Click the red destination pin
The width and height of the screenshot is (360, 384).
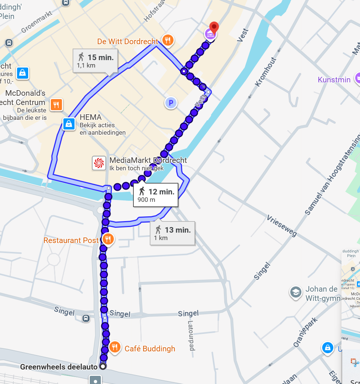point(214,27)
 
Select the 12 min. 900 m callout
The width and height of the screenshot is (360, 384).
point(156,195)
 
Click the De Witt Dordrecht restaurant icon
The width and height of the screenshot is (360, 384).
point(168,40)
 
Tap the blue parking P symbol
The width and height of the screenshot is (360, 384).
point(171,103)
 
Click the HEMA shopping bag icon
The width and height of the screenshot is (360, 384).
point(69,124)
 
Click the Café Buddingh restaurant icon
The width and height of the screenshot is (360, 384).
point(115,347)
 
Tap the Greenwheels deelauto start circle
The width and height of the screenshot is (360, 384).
point(103,366)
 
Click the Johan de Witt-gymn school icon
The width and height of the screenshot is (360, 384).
point(295,292)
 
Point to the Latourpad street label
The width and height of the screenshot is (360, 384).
point(192,336)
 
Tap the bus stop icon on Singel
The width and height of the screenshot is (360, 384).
point(86,318)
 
